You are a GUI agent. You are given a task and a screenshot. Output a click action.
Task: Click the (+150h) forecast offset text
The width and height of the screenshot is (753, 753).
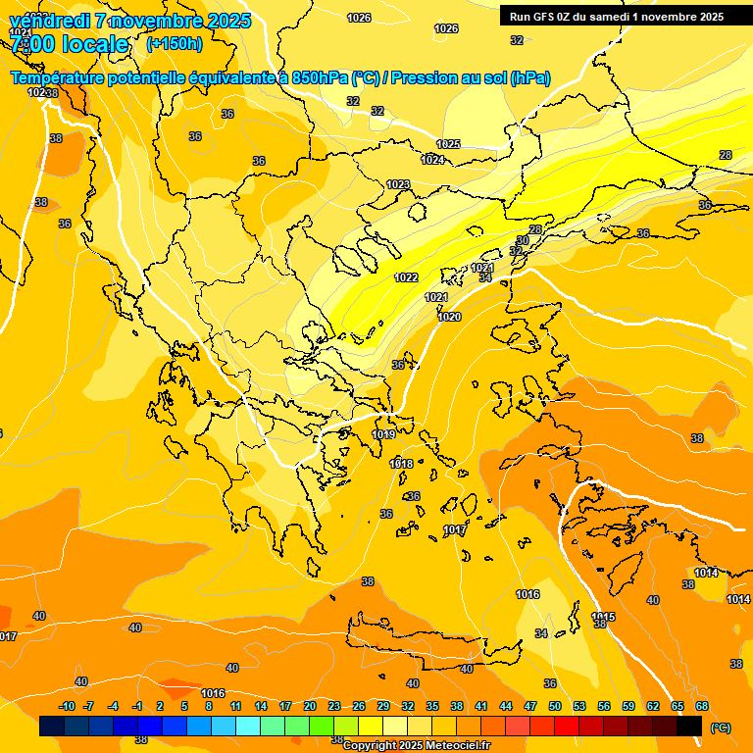coord(175,44)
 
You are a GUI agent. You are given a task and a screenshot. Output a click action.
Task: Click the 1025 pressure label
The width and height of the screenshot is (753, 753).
coord(448,144)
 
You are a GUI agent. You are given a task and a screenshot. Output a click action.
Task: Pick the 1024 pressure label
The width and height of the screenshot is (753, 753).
coord(432,160)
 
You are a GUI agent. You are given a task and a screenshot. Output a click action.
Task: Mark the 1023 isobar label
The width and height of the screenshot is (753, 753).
coord(398,185)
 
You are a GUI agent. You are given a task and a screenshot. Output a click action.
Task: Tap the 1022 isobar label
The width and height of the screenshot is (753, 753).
coord(407,277)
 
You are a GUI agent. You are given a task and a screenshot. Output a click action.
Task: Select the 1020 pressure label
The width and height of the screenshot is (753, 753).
coord(449,317)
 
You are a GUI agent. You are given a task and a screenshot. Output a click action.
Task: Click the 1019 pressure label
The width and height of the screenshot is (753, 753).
coord(383,434)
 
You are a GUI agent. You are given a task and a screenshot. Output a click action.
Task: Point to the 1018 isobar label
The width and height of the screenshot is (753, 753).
coord(401,464)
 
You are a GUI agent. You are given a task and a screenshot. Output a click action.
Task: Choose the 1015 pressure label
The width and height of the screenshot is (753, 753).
coord(603,617)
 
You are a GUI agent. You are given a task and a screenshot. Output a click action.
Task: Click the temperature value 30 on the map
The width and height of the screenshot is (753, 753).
coord(523,240)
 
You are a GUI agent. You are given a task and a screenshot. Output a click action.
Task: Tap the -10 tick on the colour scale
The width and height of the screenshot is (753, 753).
coord(67,706)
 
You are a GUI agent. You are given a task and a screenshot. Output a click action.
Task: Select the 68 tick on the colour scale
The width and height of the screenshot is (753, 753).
coord(702,706)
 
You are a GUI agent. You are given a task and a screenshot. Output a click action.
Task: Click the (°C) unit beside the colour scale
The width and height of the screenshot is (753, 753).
coord(720,727)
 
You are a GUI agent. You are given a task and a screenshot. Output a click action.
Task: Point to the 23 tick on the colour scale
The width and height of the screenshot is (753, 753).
coord(334,706)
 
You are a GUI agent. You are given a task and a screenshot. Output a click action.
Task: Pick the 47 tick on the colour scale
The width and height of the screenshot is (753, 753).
coord(530,706)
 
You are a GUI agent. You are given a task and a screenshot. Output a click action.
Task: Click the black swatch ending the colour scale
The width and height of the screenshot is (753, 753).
coord(689,726)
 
